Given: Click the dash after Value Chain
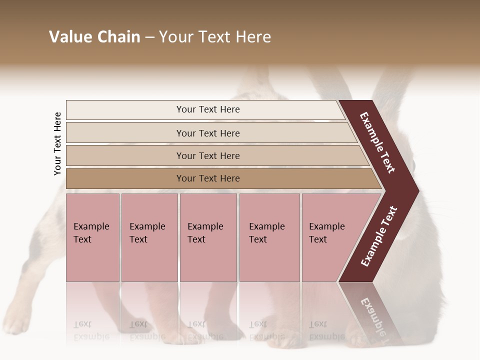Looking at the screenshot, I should (x=150, y=37).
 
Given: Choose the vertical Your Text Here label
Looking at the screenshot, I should (x=58, y=144).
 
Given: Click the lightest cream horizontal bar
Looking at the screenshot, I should (x=207, y=109).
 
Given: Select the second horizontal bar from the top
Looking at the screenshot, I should (x=207, y=133).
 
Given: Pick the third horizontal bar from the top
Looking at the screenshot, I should (x=207, y=155).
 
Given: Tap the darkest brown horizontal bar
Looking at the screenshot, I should (x=207, y=178).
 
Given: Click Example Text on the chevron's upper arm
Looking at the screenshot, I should (x=377, y=142).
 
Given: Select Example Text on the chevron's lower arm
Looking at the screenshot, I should (x=379, y=236).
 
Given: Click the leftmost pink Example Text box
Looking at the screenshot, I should (x=92, y=237).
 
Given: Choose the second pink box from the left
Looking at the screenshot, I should (x=149, y=237).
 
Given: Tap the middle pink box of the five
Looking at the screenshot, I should (x=208, y=237).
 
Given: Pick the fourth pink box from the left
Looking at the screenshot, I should (x=269, y=237).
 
